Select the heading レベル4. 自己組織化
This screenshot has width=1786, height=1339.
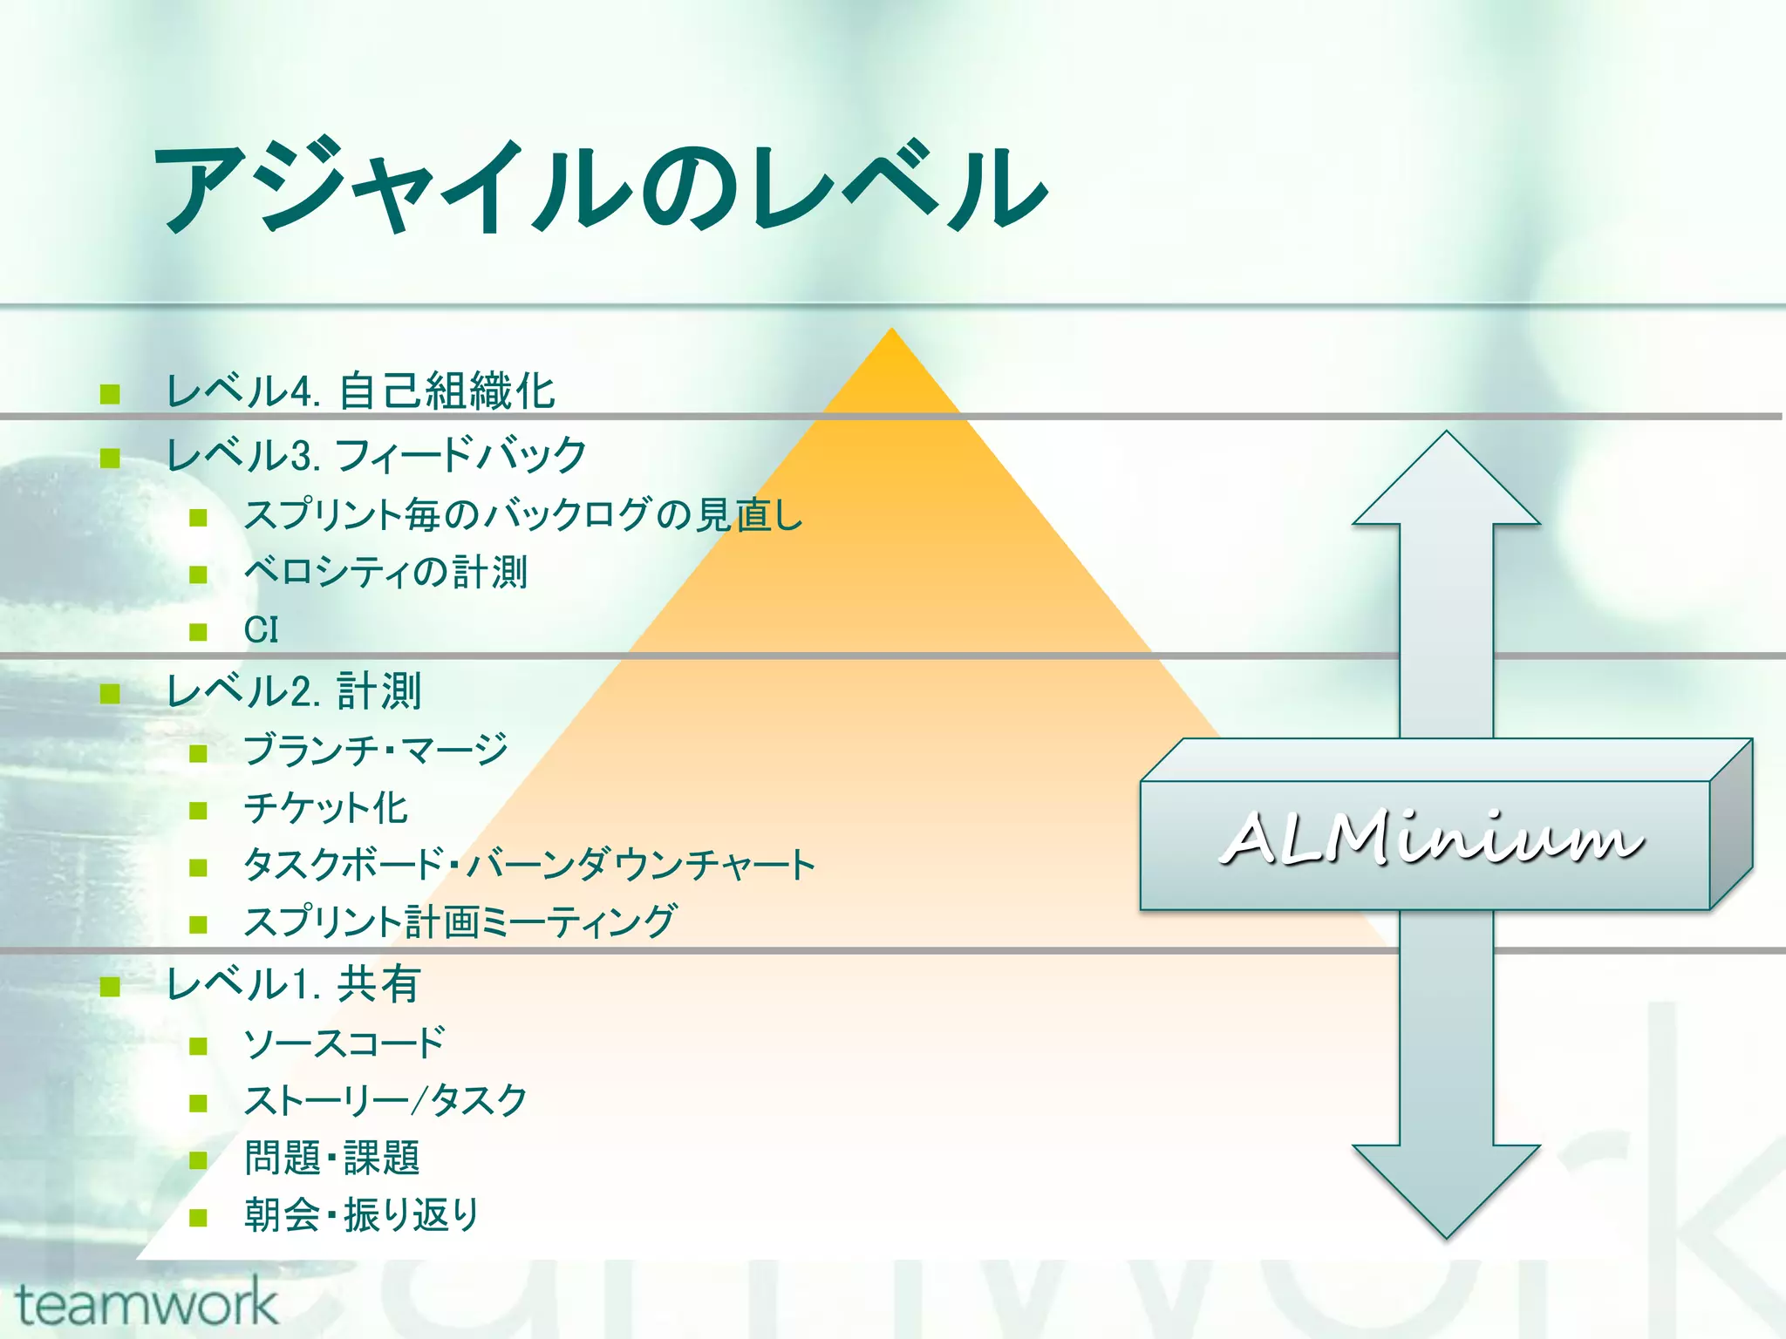click(360, 391)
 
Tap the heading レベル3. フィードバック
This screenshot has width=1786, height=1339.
click(376, 455)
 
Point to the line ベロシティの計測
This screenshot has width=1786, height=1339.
click(385, 573)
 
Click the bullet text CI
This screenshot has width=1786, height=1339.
click(261, 630)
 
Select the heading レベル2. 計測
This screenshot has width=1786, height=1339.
click(293, 691)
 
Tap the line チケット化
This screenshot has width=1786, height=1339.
click(326, 807)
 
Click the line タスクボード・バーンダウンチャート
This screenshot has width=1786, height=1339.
click(529, 865)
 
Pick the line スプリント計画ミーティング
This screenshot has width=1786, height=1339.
click(460, 922)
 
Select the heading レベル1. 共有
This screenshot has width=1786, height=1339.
click(293, 984)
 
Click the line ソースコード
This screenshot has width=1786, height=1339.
click(344, 1043)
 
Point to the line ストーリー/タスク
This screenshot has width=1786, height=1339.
click(385, 1100)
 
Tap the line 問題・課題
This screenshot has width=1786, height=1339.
click(332, 1158)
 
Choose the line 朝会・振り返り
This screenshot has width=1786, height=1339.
click(361, 1215)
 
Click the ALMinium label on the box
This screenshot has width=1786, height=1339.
click(1430, 839)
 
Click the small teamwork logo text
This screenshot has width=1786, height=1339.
click(147, 1304)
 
